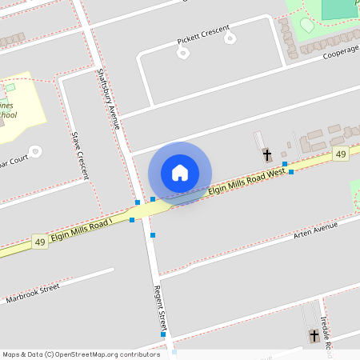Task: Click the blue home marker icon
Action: pyautogui.click(x=180, y=172)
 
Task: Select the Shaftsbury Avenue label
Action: pyautogui.click(x=108, y=98)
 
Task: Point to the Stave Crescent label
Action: pyautogui.click(x=79, y=155)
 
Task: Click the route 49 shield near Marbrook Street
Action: pyautogui.click(x=39, y=241)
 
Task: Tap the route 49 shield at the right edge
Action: pyautogui.click(x=342, y=154)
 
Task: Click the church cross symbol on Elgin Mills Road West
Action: pyautogui.click(x=266, y=154)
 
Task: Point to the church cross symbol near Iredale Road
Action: pyautogui.click(x=314, y=337)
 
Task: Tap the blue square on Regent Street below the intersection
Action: pyautogui.click(x=153, y=235)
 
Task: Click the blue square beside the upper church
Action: pyautogui.click(x=285, y=164)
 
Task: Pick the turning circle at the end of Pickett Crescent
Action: pyautogui.click(x=183, y=54)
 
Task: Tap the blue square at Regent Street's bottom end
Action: pyautogui.click(x=163, y=334)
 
